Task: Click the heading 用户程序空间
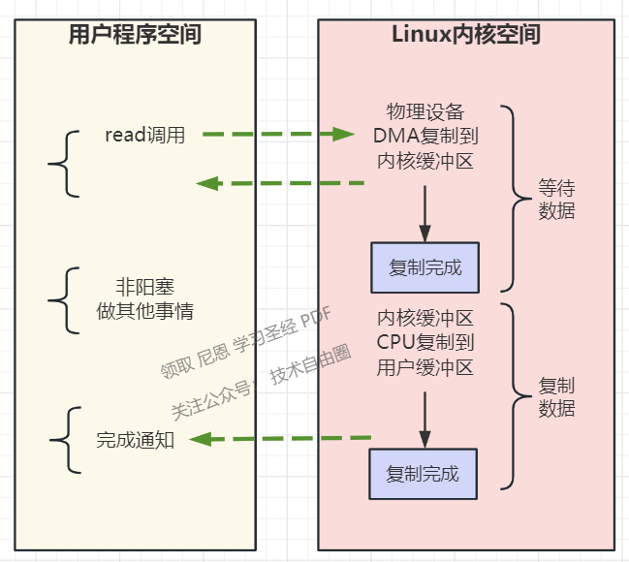coord(135,36)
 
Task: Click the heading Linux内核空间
coord(465,36)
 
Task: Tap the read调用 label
coord(144,135)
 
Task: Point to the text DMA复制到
coord(425,136)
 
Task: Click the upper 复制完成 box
coord(425,267)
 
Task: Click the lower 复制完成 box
coord(423,474)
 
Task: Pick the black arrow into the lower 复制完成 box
coord(425,418)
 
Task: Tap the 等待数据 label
coord(556,200)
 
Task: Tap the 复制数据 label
coord(556,396)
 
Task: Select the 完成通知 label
coord(135,440)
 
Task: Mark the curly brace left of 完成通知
coord(61,440)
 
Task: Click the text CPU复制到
coord(425,342)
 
